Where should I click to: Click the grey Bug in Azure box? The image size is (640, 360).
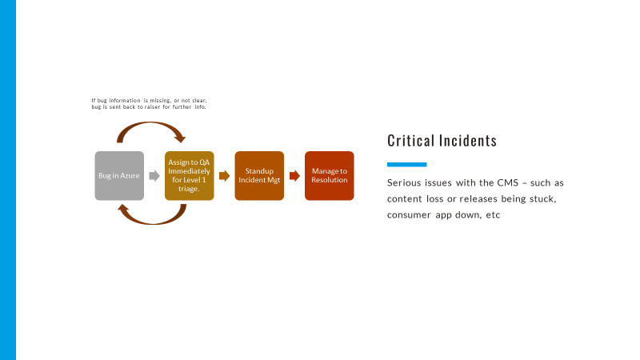(x=119, y=175)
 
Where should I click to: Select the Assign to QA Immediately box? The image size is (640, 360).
(x=190, y=175)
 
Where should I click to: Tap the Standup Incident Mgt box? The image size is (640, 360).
(x=259, y=175)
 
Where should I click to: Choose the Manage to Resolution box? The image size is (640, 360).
(x=329, y=175)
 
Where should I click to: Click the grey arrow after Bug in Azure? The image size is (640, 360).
(x=154, y=176)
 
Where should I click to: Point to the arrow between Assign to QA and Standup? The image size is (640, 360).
(x=224, y=176)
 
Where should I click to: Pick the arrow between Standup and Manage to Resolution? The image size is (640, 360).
(x=294, y=176)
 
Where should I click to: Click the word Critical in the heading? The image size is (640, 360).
(x=410, y=141)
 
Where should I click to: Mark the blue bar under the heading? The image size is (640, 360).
(x=406, y=164)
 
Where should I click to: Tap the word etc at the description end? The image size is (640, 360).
(x=493, y=216)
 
